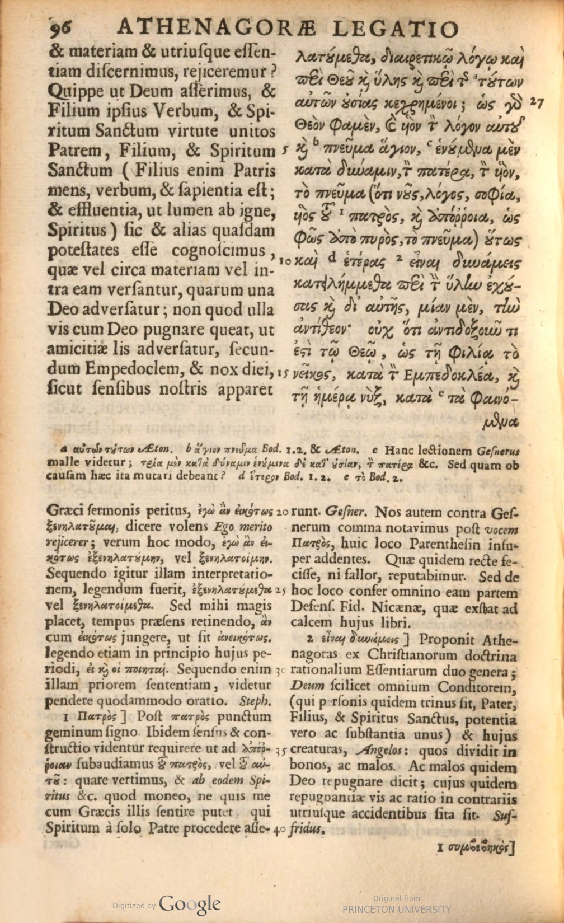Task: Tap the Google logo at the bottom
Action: [190, 903]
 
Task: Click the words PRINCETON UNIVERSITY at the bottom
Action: [396, 910]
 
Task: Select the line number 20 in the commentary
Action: [282, 512]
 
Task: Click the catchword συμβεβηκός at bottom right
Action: [480, 848]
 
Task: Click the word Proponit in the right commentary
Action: [444, 639]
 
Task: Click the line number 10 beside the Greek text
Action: [284, 261]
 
